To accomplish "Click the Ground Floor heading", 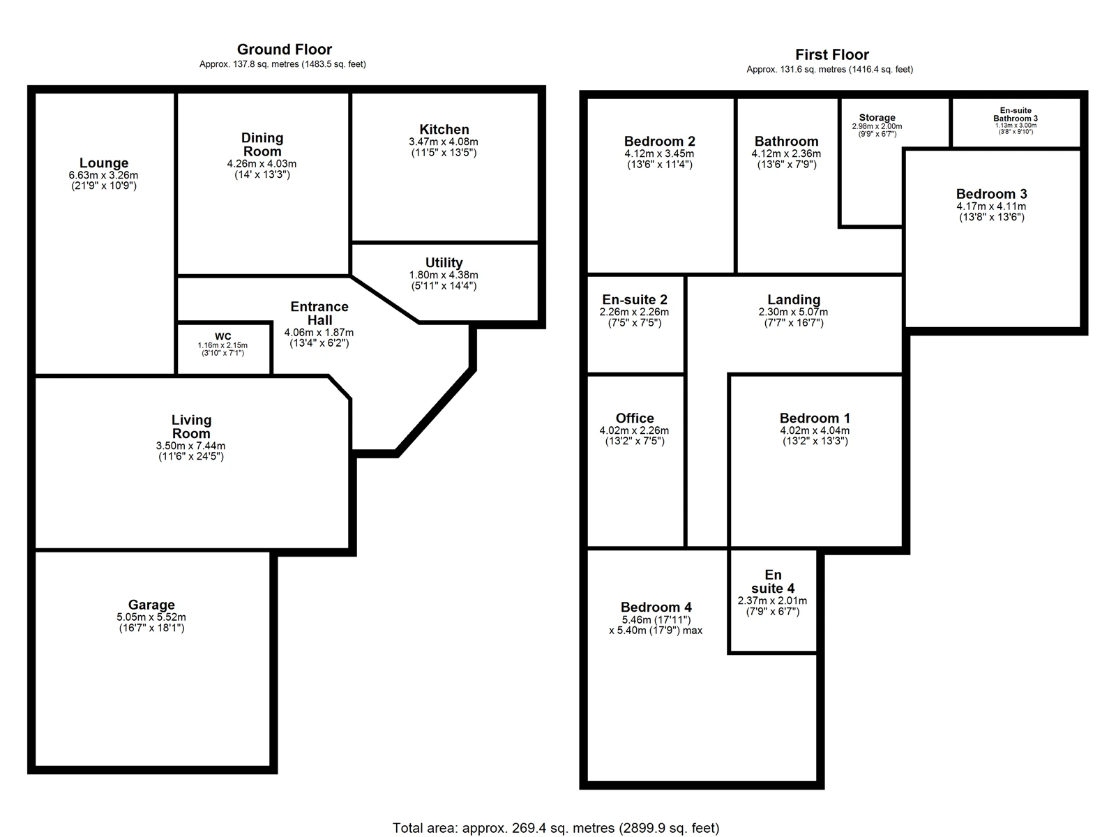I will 284,50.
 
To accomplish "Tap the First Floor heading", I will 831,54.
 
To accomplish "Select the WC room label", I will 223,337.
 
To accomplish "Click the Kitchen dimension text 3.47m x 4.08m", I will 444,142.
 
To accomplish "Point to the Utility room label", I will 444,262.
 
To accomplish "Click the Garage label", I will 151,605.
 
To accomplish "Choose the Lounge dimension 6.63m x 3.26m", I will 103,175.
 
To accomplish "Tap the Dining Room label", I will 262,144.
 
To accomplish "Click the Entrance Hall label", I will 319,313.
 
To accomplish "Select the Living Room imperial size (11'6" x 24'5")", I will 191,457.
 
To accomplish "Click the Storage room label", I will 877,118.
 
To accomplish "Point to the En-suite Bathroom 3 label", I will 1016,114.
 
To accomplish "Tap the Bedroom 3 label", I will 990,194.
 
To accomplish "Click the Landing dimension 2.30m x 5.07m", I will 794,312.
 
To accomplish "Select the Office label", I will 635,418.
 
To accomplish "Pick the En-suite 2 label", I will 635,299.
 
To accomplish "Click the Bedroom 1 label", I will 815,418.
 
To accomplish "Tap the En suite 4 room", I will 773,582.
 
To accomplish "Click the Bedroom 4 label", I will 656,607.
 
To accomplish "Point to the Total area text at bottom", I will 556,828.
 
